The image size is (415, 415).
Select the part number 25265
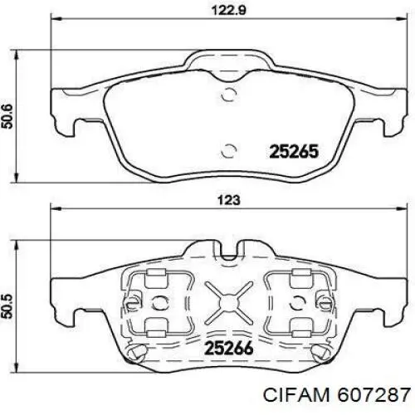click(291, 151)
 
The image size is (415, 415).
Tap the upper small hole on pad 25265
click(229, 92)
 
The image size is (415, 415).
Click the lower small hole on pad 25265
click(229, 150)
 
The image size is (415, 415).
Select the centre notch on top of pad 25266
click(229, 247)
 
